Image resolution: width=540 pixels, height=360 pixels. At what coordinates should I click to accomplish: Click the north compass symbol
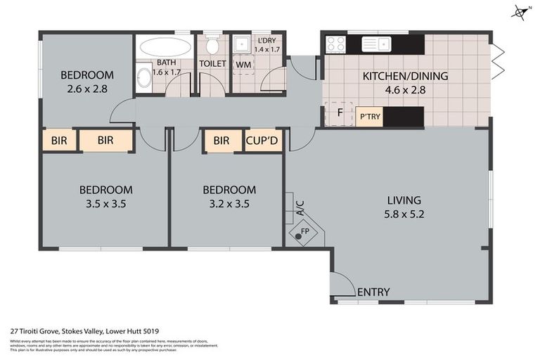pyautogui.click(x=520, y=11)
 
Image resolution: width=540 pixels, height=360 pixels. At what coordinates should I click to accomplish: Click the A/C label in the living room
pyautogui.click(x=300, y=208)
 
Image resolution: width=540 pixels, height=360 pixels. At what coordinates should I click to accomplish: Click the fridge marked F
pyautogui.click(x=340, y=112)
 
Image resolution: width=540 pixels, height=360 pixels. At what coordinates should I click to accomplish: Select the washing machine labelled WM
pyautogui.click(x=243, y=65)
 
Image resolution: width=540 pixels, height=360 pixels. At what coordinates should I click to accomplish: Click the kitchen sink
pyautogui.click(x=376, y=44)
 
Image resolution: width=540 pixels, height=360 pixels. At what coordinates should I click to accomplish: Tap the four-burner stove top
pyautogui.click(x=335, y=44)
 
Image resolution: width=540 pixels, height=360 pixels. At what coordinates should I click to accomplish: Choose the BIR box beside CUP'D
pyautogui.click(x=221, y=141)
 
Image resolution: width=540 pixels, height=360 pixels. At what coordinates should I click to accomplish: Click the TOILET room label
pyautogui.click(x=212, y=63)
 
